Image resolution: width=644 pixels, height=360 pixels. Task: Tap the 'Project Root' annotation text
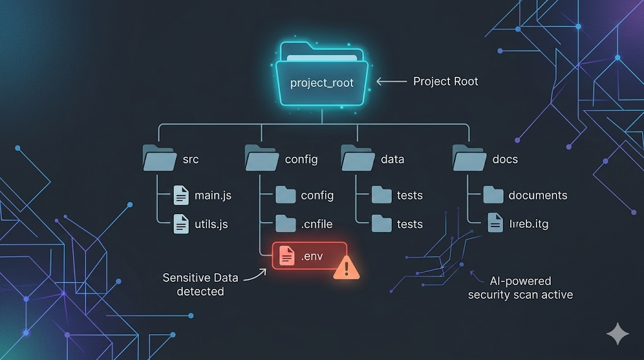pos(445,82)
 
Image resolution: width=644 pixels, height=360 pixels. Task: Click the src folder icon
pos(159,159)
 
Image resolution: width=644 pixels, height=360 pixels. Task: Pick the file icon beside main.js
pos(181,195)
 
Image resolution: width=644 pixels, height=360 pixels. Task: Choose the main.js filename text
pos(213,195)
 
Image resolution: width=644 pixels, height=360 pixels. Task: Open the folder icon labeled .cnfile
pos(286,223)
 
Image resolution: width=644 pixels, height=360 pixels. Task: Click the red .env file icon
pos(287,255)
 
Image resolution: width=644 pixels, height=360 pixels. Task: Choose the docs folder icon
pos(469,159)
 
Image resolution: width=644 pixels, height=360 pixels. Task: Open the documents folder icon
pos(493,195)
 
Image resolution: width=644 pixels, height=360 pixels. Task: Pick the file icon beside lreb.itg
pos(496,223)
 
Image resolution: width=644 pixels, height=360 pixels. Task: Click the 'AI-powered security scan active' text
pos(520,288)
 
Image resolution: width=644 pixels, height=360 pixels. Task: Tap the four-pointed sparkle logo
pos(617,333)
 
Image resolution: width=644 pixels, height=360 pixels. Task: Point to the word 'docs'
pos(505,159)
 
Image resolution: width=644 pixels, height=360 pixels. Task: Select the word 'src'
pos(191,159)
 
